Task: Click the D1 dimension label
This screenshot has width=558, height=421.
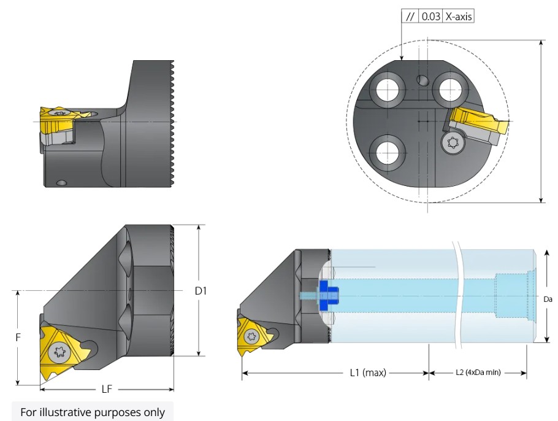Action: click(201, 291)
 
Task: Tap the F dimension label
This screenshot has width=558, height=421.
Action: click(19, 337)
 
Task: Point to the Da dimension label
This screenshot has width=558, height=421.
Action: click(548, 299)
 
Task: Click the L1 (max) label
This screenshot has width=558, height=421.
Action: click(368, 373)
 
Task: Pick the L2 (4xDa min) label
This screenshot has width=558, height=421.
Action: click(478, 373)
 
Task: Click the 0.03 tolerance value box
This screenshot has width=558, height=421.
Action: click(431, 17)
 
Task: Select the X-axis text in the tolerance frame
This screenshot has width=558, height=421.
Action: click(459, 17)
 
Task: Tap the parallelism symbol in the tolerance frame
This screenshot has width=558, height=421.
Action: click(410, 17)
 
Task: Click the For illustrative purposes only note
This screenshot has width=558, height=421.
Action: click(93, 412)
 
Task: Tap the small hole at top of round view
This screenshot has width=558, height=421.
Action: click(421, 80)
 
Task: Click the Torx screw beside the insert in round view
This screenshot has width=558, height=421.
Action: click(454, 142)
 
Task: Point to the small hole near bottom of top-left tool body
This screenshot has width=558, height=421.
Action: click(60, 182)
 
